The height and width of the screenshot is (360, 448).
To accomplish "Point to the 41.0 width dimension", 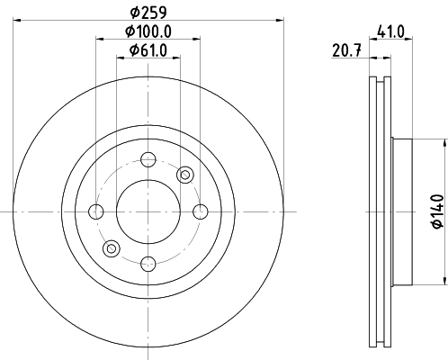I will [x=390, y=31].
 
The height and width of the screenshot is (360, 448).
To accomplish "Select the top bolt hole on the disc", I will [x=148, y=160].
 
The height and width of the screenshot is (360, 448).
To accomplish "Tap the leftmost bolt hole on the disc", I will [x=96, y=211].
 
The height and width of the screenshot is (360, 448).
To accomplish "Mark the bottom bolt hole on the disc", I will [x=148, y=263].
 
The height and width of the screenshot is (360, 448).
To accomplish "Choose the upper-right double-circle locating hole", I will [x=185, y=175].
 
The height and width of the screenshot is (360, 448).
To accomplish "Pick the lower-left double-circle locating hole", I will [x=112, y=248].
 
